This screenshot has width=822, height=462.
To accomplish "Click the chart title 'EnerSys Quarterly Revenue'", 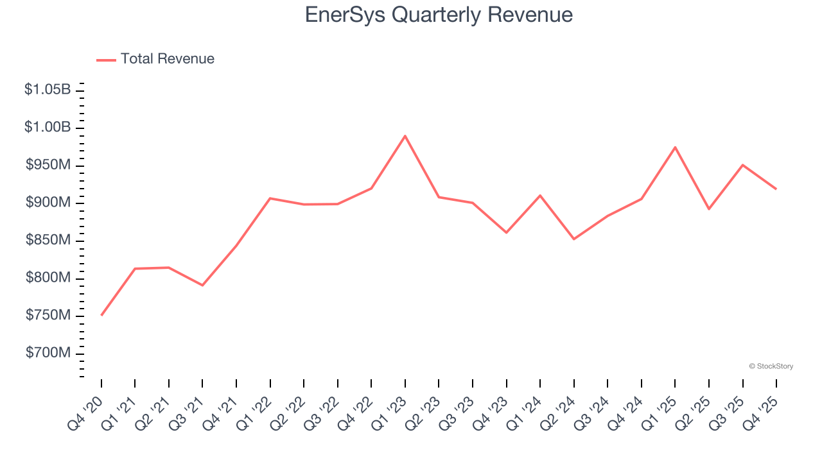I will [x=439, y=15].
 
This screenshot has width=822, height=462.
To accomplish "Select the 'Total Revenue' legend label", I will [x=167, y=59].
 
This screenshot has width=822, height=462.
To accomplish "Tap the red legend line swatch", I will [x=106, y=60].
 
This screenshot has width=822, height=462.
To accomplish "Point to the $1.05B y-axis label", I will [x=48, y=90].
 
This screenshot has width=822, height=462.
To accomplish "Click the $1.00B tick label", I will [x=48, y=128].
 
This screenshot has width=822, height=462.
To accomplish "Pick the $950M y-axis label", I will [x=48, y=166].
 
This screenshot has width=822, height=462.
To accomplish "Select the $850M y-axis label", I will [x=48, y=241].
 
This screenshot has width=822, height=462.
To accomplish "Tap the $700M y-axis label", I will [x=48, y=354].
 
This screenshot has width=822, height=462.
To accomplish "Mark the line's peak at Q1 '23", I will [x=405, y=136].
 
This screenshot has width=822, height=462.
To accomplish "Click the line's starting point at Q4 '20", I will [x=101, y=315].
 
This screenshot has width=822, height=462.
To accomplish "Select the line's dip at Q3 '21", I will [x=202, y=285].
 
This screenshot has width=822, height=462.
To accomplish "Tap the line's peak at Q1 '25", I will [x=675, y=147].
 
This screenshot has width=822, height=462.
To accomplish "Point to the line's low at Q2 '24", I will [x=573, y=239].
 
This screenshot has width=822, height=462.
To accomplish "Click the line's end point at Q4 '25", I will [x=776, y=189].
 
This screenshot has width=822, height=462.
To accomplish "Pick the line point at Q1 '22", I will [x=270, y=198].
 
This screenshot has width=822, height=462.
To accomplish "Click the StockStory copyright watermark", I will [x=771, y=366].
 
